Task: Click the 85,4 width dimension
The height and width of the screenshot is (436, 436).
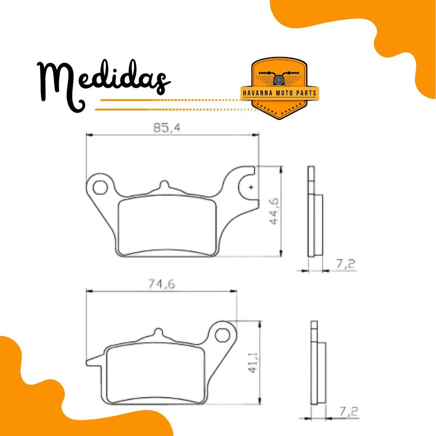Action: (167, 128)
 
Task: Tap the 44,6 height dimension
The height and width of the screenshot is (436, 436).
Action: (274, 211)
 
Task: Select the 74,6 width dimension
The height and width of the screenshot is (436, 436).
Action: (161, 284)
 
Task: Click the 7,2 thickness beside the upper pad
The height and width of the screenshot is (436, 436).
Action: (346, 264)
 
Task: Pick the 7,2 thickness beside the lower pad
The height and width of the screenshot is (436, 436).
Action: (348, 412)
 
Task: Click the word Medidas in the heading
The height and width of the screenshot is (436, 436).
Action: (103, 83)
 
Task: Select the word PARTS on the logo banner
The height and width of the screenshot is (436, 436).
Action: (306, 93)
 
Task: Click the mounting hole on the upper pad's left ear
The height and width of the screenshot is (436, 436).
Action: (100, 187)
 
